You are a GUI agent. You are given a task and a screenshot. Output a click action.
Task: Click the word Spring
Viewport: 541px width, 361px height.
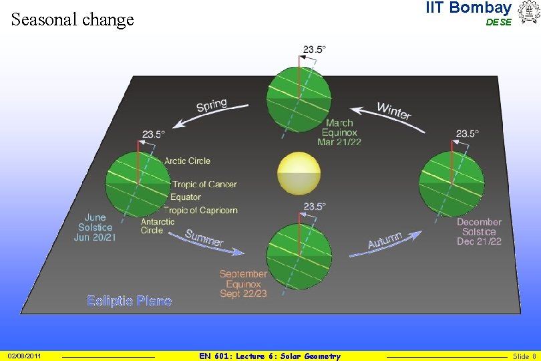click(212, 106)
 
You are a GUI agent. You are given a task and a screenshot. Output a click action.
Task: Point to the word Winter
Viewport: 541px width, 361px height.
click(394, 111)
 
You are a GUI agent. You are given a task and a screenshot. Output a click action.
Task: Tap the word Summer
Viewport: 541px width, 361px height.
click(204, 238)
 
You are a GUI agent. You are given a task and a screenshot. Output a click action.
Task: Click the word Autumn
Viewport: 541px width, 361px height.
click(385, 241)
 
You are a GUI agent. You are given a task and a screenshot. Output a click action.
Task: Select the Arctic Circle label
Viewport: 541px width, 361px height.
click(188, 160)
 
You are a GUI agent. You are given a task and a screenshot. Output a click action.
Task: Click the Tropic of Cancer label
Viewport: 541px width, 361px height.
click(205, 185)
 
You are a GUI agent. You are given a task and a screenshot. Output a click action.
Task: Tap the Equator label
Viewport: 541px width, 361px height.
click(185, 197)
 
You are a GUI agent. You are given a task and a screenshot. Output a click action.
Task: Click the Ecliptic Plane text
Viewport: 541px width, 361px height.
click(129, 301)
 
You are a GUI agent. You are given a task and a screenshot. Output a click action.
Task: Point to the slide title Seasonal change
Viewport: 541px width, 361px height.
click(73, 19)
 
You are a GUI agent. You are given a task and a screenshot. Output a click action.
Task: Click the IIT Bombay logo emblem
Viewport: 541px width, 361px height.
click(527, 13)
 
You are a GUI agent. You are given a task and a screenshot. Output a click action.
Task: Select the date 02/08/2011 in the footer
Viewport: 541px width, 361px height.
click(25, 356)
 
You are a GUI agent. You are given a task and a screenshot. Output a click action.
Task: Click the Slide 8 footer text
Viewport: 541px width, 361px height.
click(524, 356)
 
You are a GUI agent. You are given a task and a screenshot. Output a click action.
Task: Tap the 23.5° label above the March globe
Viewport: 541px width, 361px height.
click(315, 49)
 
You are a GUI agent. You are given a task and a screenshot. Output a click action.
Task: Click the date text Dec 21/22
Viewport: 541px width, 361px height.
click(479, 241)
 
